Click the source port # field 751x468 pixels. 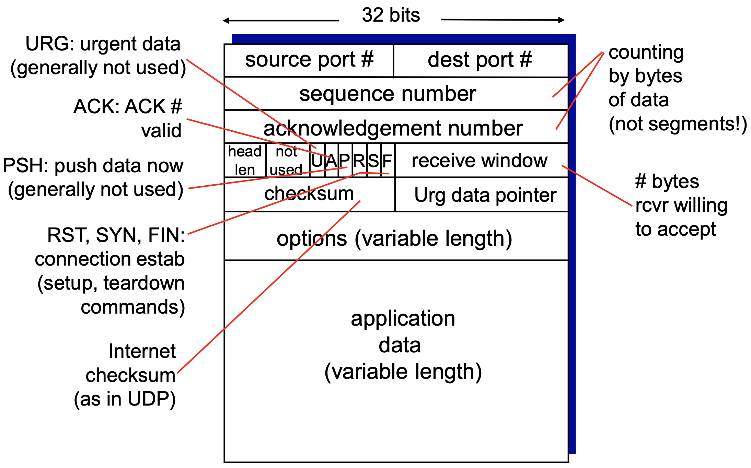pyautogui.click(x=309, y=60)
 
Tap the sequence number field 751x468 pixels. pyautogui.click(x=388, y=94)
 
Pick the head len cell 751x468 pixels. pyautogui.click(x=245, y=160)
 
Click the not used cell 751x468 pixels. pyautogui.click(x=287, y=160)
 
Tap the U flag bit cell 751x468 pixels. pyautogui.click(x=317, y=161)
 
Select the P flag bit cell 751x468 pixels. pyautogui.click(x=345, y=161)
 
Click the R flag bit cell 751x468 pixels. pyautogui.click(x=359, y=161)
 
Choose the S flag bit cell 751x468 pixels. pyautogui.click(x=374, y=161)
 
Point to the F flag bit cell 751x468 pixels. pyautogui.click(x=388, y=161)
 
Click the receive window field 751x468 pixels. pyautogui.click(x=480, y=161)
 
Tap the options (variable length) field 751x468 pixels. pyautogui.click(x=394, y=238)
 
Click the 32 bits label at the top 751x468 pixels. pyautogui.click(x=391, y=15)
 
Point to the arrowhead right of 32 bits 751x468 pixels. pyautogui.click(x=562, y=20)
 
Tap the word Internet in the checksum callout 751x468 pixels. pyautogui.click(x=142, y=351)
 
